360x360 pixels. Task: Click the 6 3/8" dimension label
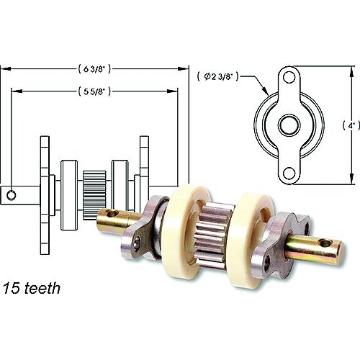[x=94, y=69]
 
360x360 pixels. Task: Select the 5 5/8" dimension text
[x=94, y=91]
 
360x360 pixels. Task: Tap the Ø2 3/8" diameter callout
[x=218, y=76]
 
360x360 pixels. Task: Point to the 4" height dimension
[x=351, y=125]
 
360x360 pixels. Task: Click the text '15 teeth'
[x=31, y=288]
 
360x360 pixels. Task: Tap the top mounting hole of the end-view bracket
[x=289, y=77]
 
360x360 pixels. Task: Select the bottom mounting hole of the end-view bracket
[x=289, y=173]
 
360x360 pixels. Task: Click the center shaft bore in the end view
[x=289, y=125]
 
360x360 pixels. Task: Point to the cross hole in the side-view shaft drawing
[x=12, y=195]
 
